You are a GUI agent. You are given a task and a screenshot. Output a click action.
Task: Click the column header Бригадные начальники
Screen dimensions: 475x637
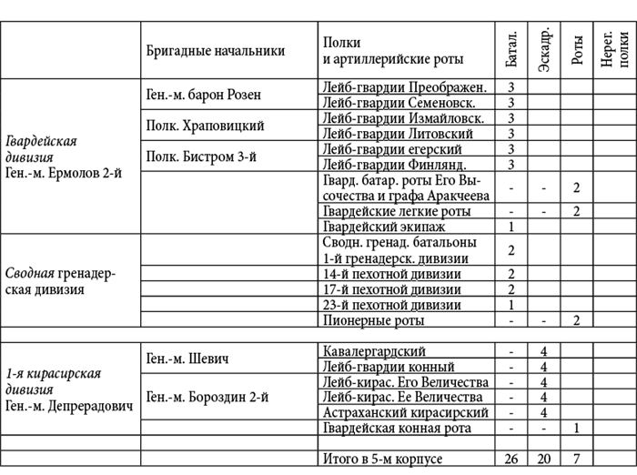215,51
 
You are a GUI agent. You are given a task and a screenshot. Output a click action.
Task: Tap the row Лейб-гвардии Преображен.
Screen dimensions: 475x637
405,87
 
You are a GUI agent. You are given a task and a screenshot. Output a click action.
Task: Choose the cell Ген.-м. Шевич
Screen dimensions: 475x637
187,359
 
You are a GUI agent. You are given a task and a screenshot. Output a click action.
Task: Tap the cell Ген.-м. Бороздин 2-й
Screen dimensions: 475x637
207,397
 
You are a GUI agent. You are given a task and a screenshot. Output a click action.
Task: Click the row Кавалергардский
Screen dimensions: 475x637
374,351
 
